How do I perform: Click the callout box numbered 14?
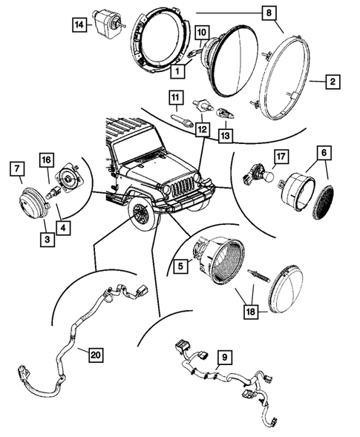(79, 26)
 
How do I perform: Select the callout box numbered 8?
(269, 13)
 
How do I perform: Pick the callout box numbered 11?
(175, 96)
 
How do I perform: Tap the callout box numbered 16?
(46, 160)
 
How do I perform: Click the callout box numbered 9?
(222, 357)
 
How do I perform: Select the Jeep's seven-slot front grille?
(180, 188)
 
